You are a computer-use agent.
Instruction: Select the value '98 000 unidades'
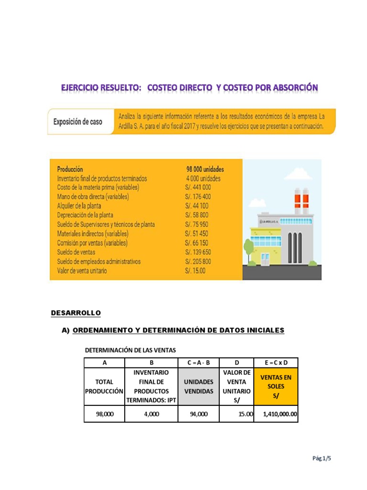205,169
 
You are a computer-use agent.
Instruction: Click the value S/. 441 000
197,188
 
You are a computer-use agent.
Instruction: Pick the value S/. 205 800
198,261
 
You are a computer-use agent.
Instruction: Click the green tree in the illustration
248,247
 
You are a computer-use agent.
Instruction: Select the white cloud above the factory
297,173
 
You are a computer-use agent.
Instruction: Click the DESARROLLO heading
76,313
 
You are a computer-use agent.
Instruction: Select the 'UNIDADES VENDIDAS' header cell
198,387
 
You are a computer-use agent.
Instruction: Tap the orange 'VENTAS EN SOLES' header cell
275,386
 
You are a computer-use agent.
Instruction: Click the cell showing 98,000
104,414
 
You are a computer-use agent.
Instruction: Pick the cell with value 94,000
198,414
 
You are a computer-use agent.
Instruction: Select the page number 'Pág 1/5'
322,458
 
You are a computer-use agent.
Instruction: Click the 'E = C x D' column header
275,362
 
